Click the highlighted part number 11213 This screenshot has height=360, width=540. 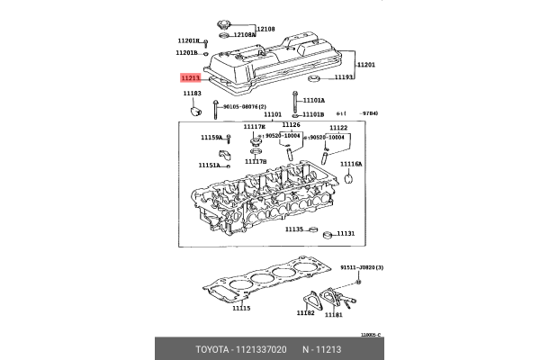[x=190, y=79]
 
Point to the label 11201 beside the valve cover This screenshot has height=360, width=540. [x=365, y=65]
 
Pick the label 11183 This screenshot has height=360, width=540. [x=192, y=93]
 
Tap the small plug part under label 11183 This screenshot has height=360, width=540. [x=193, y=112]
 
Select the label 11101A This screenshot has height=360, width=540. [x=313, y=101]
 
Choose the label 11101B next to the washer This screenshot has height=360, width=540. [x=312, y=115]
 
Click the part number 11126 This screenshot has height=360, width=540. [x=291, y=125]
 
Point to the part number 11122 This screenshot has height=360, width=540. [x=338, y=128]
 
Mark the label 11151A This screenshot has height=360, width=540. [x=209, y=166]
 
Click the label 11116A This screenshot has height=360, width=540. [x=351, y=165]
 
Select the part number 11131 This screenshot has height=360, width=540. [x=346, y=234]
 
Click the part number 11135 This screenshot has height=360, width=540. [x=294, y=229]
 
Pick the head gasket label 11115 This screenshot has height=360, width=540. [x=240, y=309]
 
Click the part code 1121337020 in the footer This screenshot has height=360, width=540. [x=262, y=347]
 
